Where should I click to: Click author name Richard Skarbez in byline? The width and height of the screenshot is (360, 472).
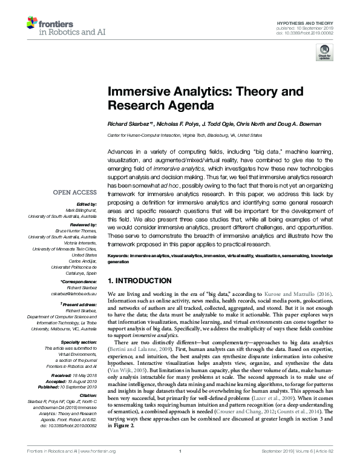129,124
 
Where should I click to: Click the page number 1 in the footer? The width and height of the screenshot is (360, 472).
180,468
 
